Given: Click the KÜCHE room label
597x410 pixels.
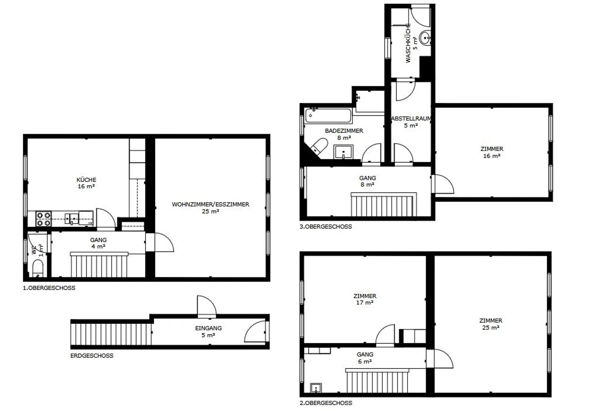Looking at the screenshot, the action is (x=86, y=180).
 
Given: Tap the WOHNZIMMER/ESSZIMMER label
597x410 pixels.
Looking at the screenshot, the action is (x=211, y=204).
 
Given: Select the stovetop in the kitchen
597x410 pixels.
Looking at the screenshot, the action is (x=44, y=219).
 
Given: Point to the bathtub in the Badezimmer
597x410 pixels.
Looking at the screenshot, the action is (x=328, y=116).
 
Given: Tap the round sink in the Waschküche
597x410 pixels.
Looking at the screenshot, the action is (x=425, y=38).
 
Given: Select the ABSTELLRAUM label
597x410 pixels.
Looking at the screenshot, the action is (x=411, y=118).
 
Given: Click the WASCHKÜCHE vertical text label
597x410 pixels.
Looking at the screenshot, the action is (x=408, y=43).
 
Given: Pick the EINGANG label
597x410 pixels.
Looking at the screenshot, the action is (x=209, y=328).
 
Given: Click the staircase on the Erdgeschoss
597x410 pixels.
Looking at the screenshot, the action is (x=112, y=334).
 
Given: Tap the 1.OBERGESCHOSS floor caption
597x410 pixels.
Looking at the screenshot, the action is (x=49, y=288).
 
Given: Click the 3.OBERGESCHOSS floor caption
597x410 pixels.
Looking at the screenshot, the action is (x=326, y=227).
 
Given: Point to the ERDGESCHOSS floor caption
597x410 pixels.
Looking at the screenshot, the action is (x=92, y=355).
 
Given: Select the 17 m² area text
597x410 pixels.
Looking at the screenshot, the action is (x=364, y=302).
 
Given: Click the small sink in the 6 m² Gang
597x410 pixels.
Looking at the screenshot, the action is (x=316, y=388).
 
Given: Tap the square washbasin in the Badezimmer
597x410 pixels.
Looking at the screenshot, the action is (x=344, y=152).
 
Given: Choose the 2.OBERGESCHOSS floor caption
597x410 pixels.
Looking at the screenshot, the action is (x=326, y=403).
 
